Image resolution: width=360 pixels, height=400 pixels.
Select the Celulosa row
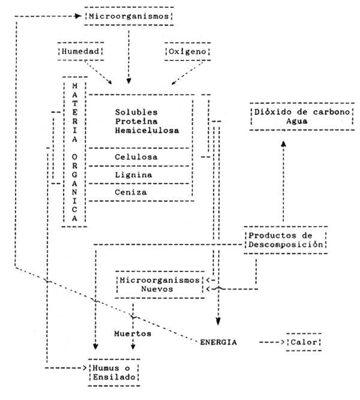137,157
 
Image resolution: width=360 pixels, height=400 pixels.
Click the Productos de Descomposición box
286,239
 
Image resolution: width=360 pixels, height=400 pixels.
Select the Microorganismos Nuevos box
158,284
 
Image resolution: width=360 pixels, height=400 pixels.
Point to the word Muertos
133,332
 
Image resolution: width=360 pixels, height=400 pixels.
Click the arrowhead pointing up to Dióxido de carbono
284,145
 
